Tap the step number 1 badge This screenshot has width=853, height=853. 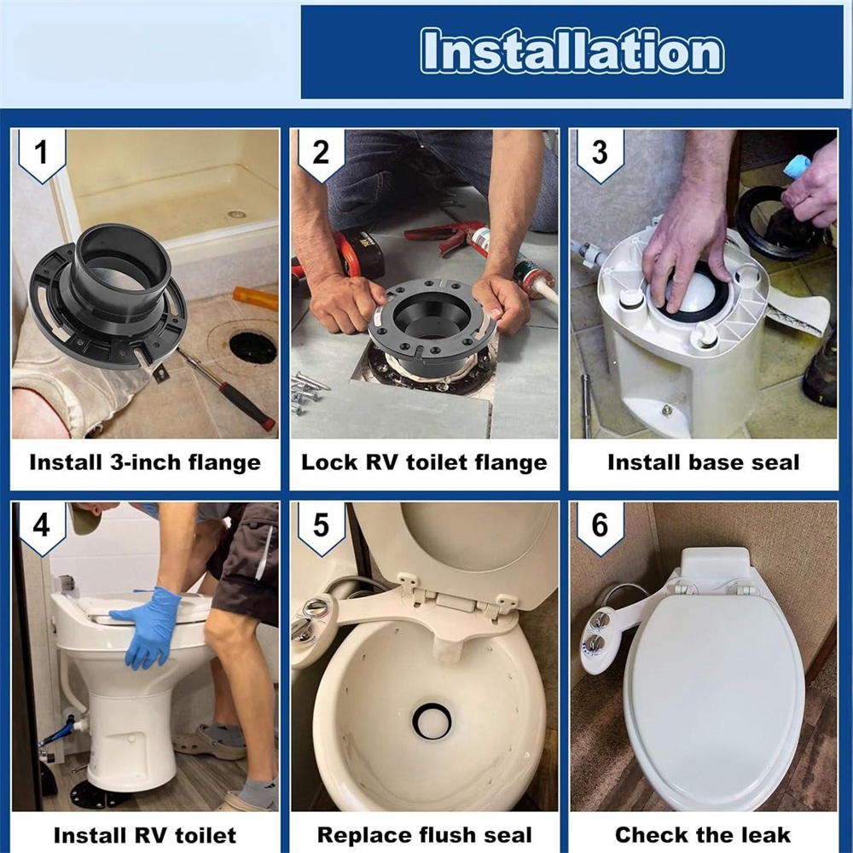coord(42,153)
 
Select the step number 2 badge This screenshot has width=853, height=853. coord(321,153)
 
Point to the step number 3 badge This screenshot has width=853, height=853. coord(600,153)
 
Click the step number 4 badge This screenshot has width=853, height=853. coord(42,525)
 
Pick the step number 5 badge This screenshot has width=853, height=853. coord(321,525)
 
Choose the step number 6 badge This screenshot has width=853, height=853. coord(600,525)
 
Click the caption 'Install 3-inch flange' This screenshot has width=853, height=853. coord(145,462)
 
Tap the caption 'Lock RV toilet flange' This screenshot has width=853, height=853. coord(424,462)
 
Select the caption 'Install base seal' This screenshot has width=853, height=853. coord(704,462)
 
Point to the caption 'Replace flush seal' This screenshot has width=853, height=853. coord(424,834)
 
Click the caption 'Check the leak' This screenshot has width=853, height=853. coord(703,834)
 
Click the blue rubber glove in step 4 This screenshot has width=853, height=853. coord(149,629)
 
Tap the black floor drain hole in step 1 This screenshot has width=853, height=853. coord(253,348)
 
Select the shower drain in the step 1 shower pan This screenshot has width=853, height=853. coord(236,214)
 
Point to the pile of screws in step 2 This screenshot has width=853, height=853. coord(308,391)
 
